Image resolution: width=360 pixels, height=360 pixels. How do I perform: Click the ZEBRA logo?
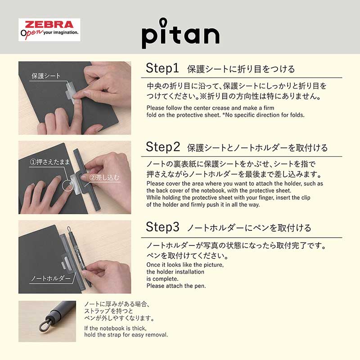pos(49,25)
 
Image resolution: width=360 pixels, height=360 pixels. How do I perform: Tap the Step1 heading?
pos(162,68)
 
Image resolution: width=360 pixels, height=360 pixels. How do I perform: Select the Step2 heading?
pos(163,147)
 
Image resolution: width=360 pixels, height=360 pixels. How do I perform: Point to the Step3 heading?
pos(162,227)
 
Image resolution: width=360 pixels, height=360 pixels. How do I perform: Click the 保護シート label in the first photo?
pos(45,76)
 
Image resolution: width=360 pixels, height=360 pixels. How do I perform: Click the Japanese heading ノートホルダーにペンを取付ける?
pos(248,228)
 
